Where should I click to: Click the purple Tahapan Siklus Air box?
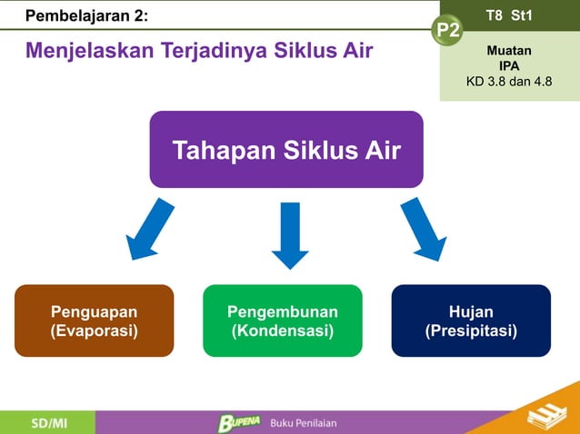(285, 150)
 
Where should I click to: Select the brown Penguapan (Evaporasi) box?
(94, 321)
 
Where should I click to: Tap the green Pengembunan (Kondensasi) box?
(282, 321)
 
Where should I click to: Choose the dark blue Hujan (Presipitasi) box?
(471, 321)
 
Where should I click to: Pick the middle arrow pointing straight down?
(290, 234)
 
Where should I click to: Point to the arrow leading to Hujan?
(424, 231)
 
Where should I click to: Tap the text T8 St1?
(509, 15)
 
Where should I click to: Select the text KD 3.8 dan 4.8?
(508, 82)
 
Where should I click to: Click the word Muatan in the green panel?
(509, 51)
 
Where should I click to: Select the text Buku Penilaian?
(305, 423)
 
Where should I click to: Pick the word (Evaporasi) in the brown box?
(94, 330)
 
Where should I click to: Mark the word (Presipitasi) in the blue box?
(471, 330)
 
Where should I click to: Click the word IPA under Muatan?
(509, 66)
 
